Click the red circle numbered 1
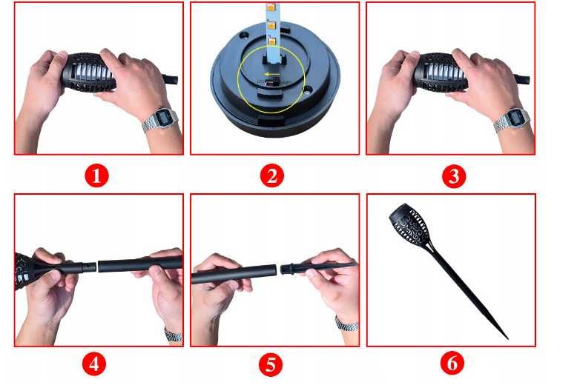(x=96, y=175)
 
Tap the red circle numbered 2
(x=272, y=175)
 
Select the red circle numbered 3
(x=454, y=176)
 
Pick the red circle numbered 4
(x=94, y=364)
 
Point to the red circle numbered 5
(x=271, y=364)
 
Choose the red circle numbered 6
(x=452, y=363)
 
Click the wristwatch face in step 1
(x=162, y=118)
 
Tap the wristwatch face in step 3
(x=514, y=118)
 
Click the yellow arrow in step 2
(x=271, y=74)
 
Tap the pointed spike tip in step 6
(x=508, y=338)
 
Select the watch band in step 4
(x=174, y=335)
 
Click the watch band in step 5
(x=346, y=324)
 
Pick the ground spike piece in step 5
(x=319, y=267)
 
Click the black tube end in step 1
(x=171, y=79)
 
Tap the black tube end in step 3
(x=522, y=79)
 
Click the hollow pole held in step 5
(x=234, y=274)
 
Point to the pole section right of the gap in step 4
(x=140, y=264)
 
